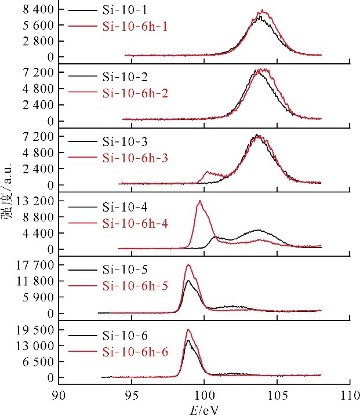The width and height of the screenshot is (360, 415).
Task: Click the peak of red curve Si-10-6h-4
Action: [200, 201]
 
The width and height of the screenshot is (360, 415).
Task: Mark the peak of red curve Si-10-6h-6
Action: [188, 330]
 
